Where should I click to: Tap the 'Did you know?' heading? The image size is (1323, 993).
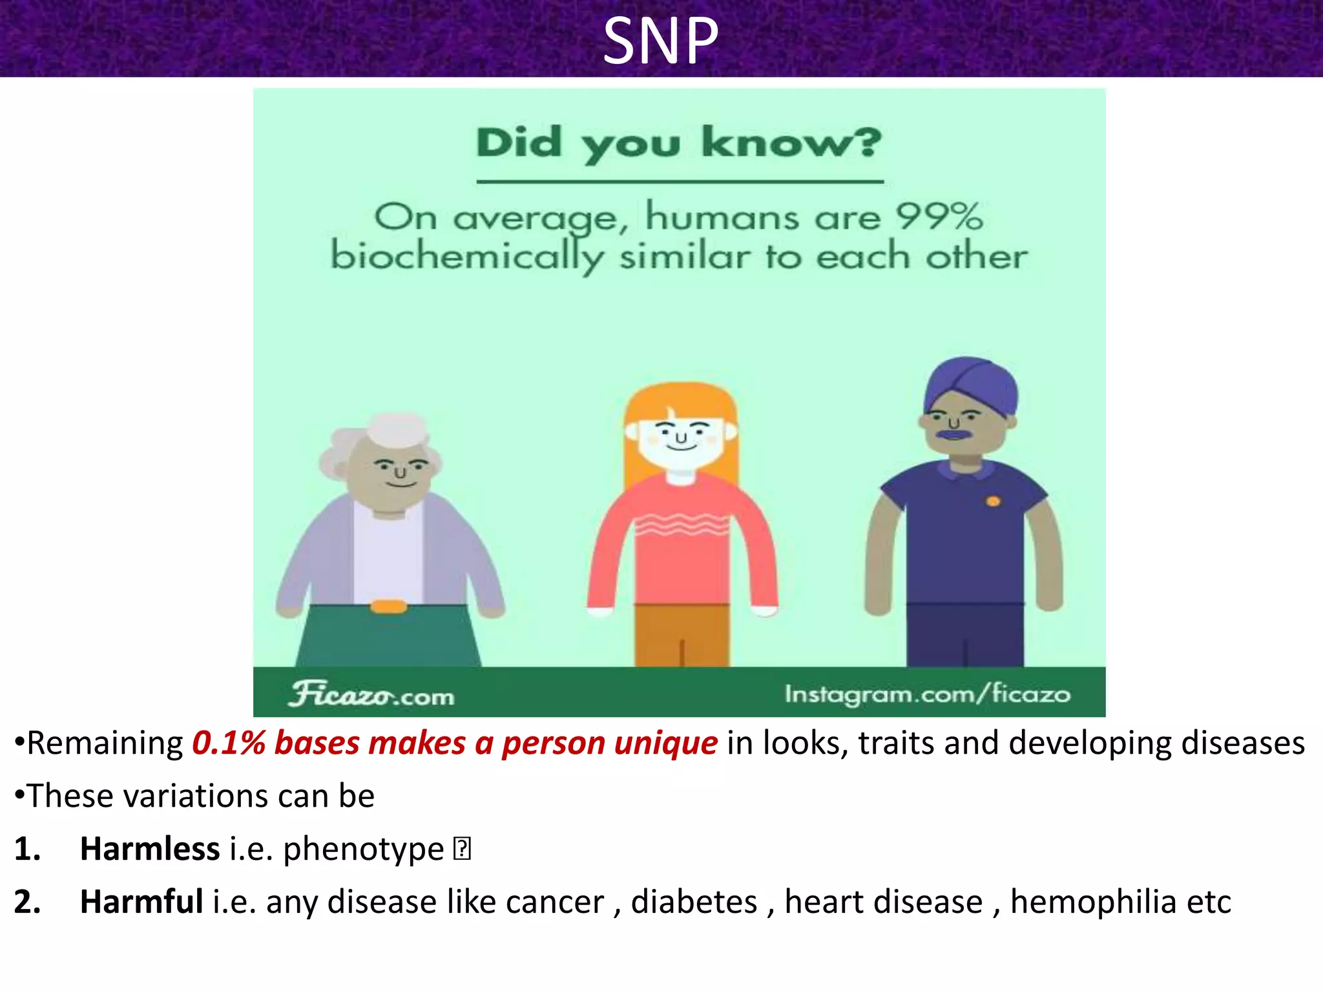pyautogui.click(x=678, y=144)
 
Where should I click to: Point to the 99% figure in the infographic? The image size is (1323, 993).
pyautogui.click(x=939, y=217)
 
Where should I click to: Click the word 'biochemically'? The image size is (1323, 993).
pyautogui.click(x=466, y=257)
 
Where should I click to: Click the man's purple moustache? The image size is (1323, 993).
pyautogui.click(x=953, y=434)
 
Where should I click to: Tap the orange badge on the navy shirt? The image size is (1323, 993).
pyautogui.click(x=994, y=501)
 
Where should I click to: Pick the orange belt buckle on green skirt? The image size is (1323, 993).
pyautogui.click(x=388, y=606)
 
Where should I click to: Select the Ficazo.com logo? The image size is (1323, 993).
pyautogui.click(x=371, y=694)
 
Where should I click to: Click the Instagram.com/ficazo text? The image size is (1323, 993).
pyautogui.click(x=928, y=694)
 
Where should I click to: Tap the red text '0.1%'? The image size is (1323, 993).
pyautogui.click(x=229, y=743)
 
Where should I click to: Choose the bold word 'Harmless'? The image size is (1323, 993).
pyautogui.click(x=149, y=849)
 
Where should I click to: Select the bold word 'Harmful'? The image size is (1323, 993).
pyautogui.click(x=141, y=902)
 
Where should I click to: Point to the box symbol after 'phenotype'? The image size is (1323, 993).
pyautogui.click(x=462, y=849)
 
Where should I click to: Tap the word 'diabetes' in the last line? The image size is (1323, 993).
pyautogui.click(x=694, y=902)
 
